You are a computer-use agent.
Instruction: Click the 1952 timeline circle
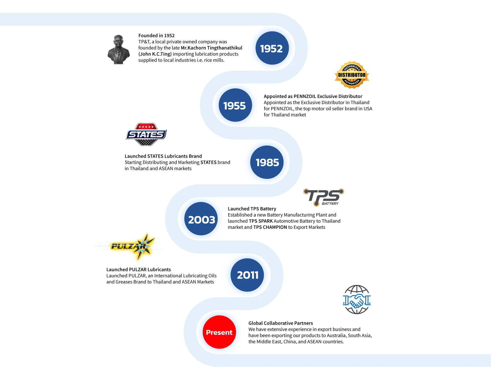click(272, 48)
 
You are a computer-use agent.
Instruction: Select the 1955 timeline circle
click(235, 105)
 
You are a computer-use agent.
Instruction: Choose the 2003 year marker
click(201, 219)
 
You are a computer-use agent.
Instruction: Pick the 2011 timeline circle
click(247, 275)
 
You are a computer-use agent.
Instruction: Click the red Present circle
click(219, 332)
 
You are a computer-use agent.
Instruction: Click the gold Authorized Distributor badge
click(352, 75)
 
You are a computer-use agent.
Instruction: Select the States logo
click(146, 134)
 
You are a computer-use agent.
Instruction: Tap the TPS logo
click(324, 197)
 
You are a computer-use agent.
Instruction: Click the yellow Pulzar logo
click(128, 247)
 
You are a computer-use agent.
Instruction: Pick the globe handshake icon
click(357, 300)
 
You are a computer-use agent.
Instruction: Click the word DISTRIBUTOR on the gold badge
click(352, 75)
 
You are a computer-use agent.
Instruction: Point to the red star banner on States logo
click(146, 126)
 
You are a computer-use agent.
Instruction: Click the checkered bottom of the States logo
click(146, 142)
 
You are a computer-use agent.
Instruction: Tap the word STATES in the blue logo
click(146, 134)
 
